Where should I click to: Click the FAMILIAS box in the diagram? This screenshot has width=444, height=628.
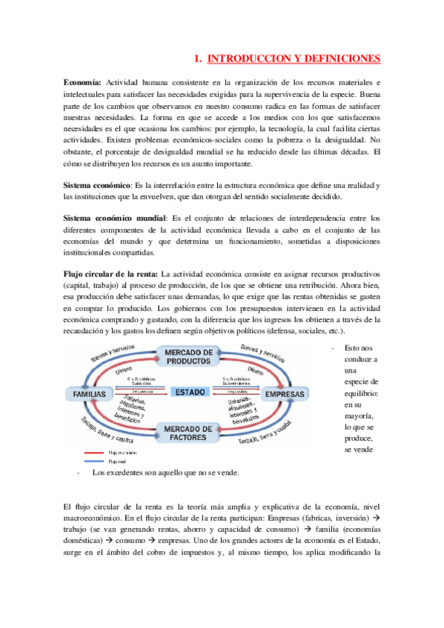click(x=89, y=393)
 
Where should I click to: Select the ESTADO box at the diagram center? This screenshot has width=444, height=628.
click(x=190, y=392)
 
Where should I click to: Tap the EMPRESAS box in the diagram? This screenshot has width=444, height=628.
click(x=284, y=394)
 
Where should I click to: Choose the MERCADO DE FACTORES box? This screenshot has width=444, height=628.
click(x=188, y=432)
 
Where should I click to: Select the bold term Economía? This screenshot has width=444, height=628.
click(x=84, y=81)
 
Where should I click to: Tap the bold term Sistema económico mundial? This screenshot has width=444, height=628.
click(x=116, y=218)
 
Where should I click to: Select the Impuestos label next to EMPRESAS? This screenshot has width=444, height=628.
click(x=236, y=390)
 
